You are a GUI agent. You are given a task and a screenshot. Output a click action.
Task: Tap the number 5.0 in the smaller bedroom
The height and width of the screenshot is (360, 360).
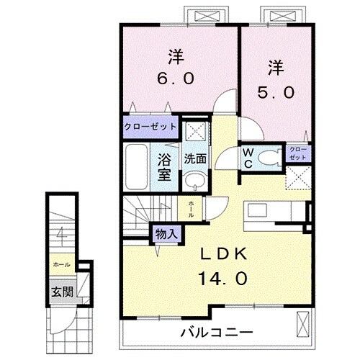(274, 92)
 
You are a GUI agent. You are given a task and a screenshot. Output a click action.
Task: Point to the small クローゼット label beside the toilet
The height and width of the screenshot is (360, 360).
(297, 153)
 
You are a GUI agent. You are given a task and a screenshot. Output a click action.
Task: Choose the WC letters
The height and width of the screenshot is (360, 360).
(247, 156)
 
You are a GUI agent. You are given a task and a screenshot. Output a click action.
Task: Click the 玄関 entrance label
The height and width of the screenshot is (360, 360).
(60, 292)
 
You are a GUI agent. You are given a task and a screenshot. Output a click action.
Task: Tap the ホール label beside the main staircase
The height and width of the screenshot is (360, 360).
(191, 209)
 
